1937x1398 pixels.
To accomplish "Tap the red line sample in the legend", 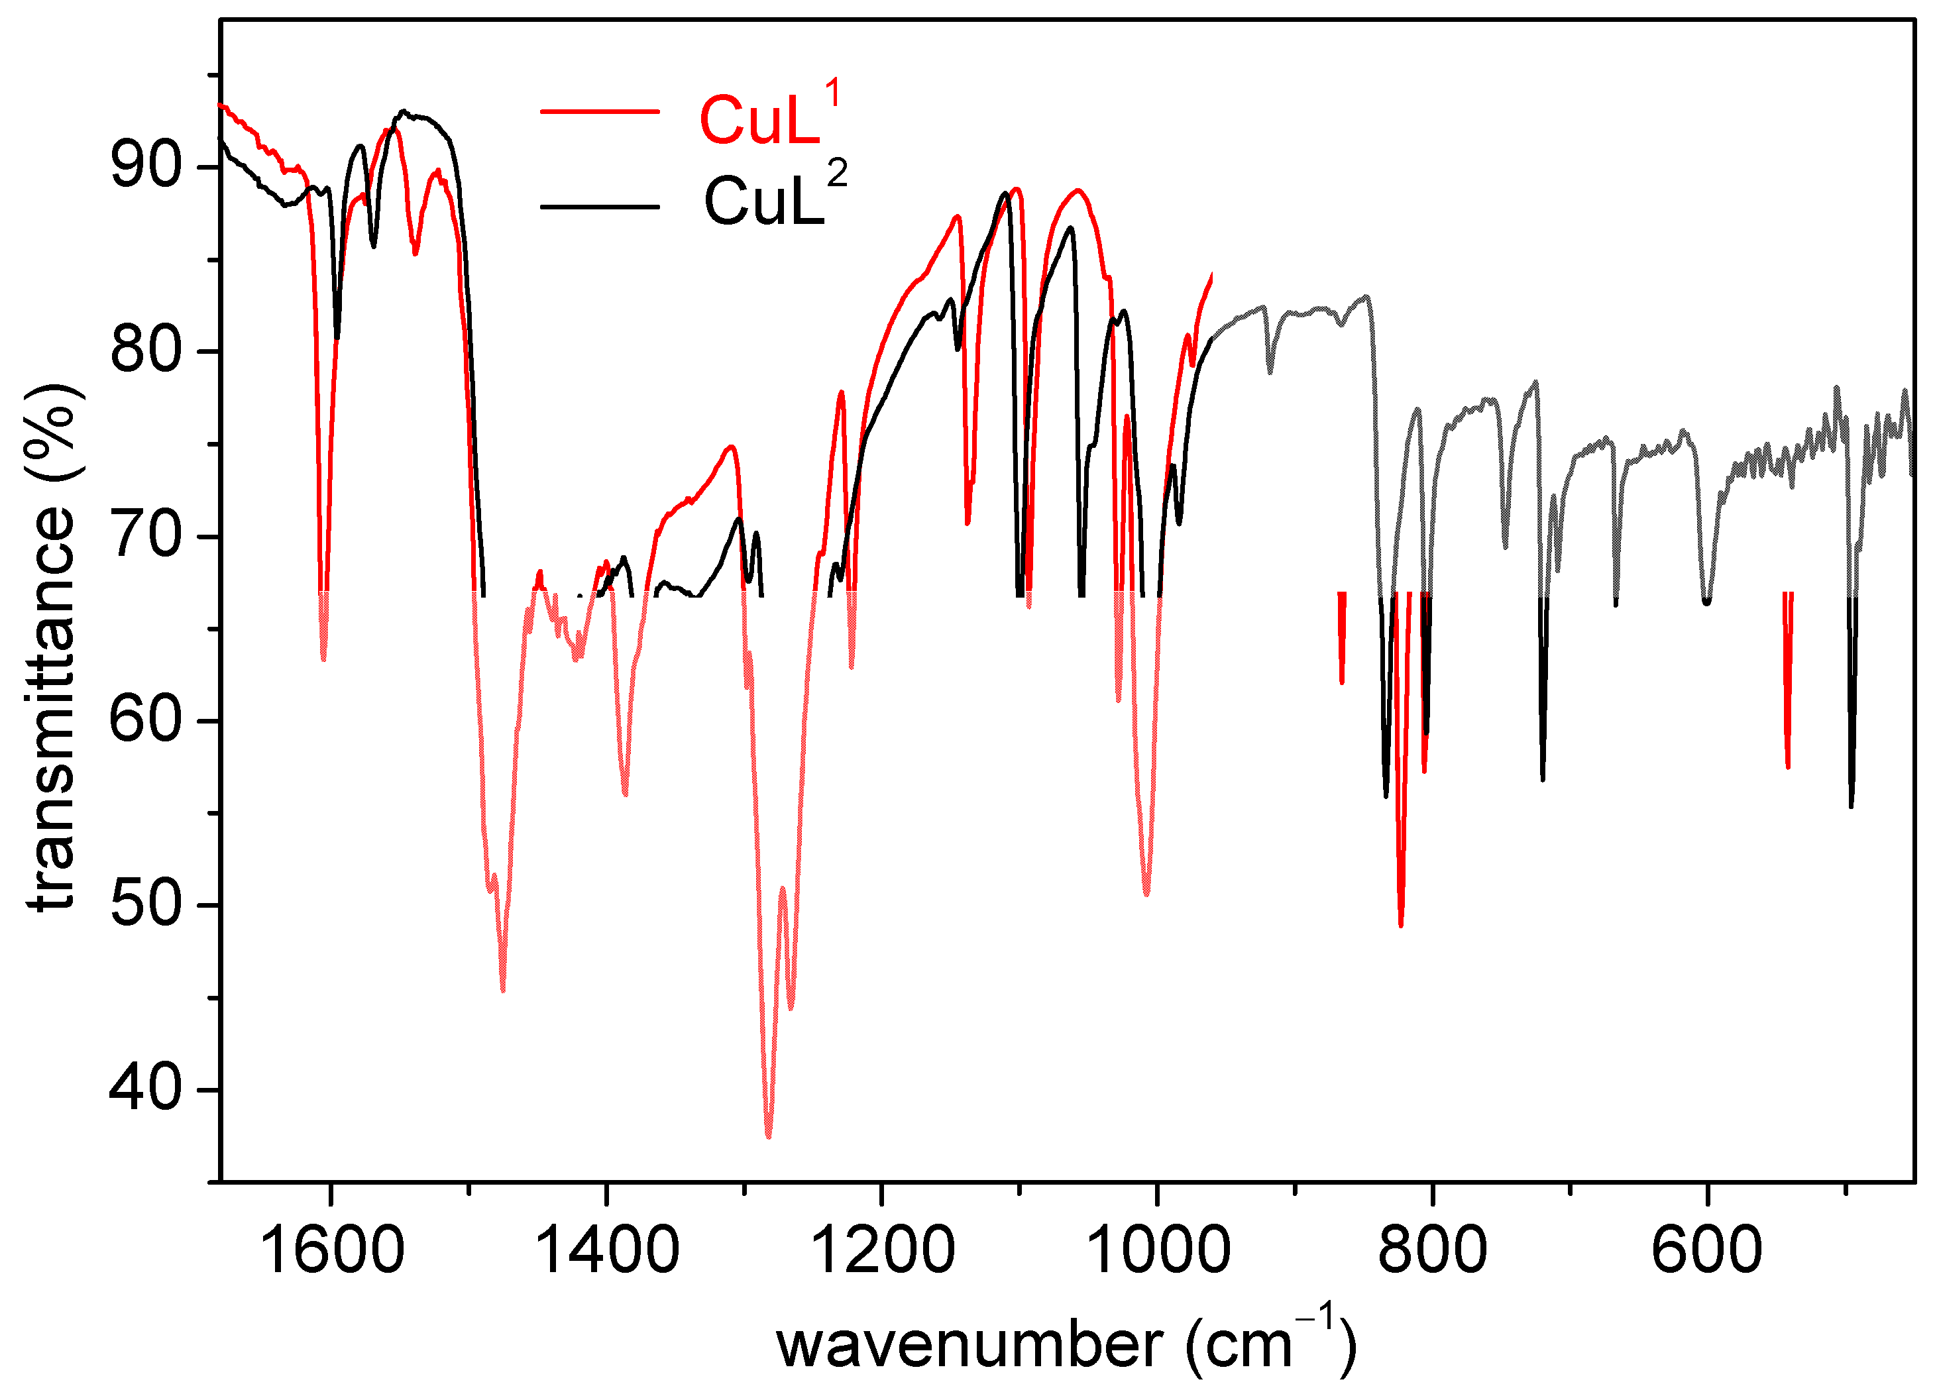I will tap(600, 112).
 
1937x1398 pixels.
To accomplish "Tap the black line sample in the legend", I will tap(600, 206).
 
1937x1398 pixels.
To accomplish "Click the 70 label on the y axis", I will tap(146, 535).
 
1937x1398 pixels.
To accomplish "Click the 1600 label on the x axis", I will tap(331, 1250).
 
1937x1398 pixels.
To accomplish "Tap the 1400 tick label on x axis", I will tap(606, 1250).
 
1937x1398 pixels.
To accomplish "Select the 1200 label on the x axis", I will tap(881, 1250).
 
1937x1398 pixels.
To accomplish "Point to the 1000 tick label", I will tap(1157, 1250).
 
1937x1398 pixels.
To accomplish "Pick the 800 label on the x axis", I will tap(1432, 1250).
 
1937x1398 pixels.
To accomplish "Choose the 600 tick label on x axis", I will tap(1706, 1250).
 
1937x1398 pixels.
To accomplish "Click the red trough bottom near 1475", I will tap(503, 990).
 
